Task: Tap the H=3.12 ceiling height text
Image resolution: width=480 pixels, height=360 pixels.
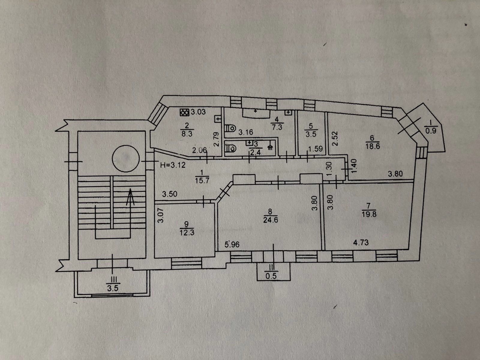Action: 173,164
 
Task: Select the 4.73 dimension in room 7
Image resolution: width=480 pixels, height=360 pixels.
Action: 361,242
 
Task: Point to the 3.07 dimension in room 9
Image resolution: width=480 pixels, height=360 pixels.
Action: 161,215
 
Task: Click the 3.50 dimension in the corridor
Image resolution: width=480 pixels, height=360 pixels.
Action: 170,194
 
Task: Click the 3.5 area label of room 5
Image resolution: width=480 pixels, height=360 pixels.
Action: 310,134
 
